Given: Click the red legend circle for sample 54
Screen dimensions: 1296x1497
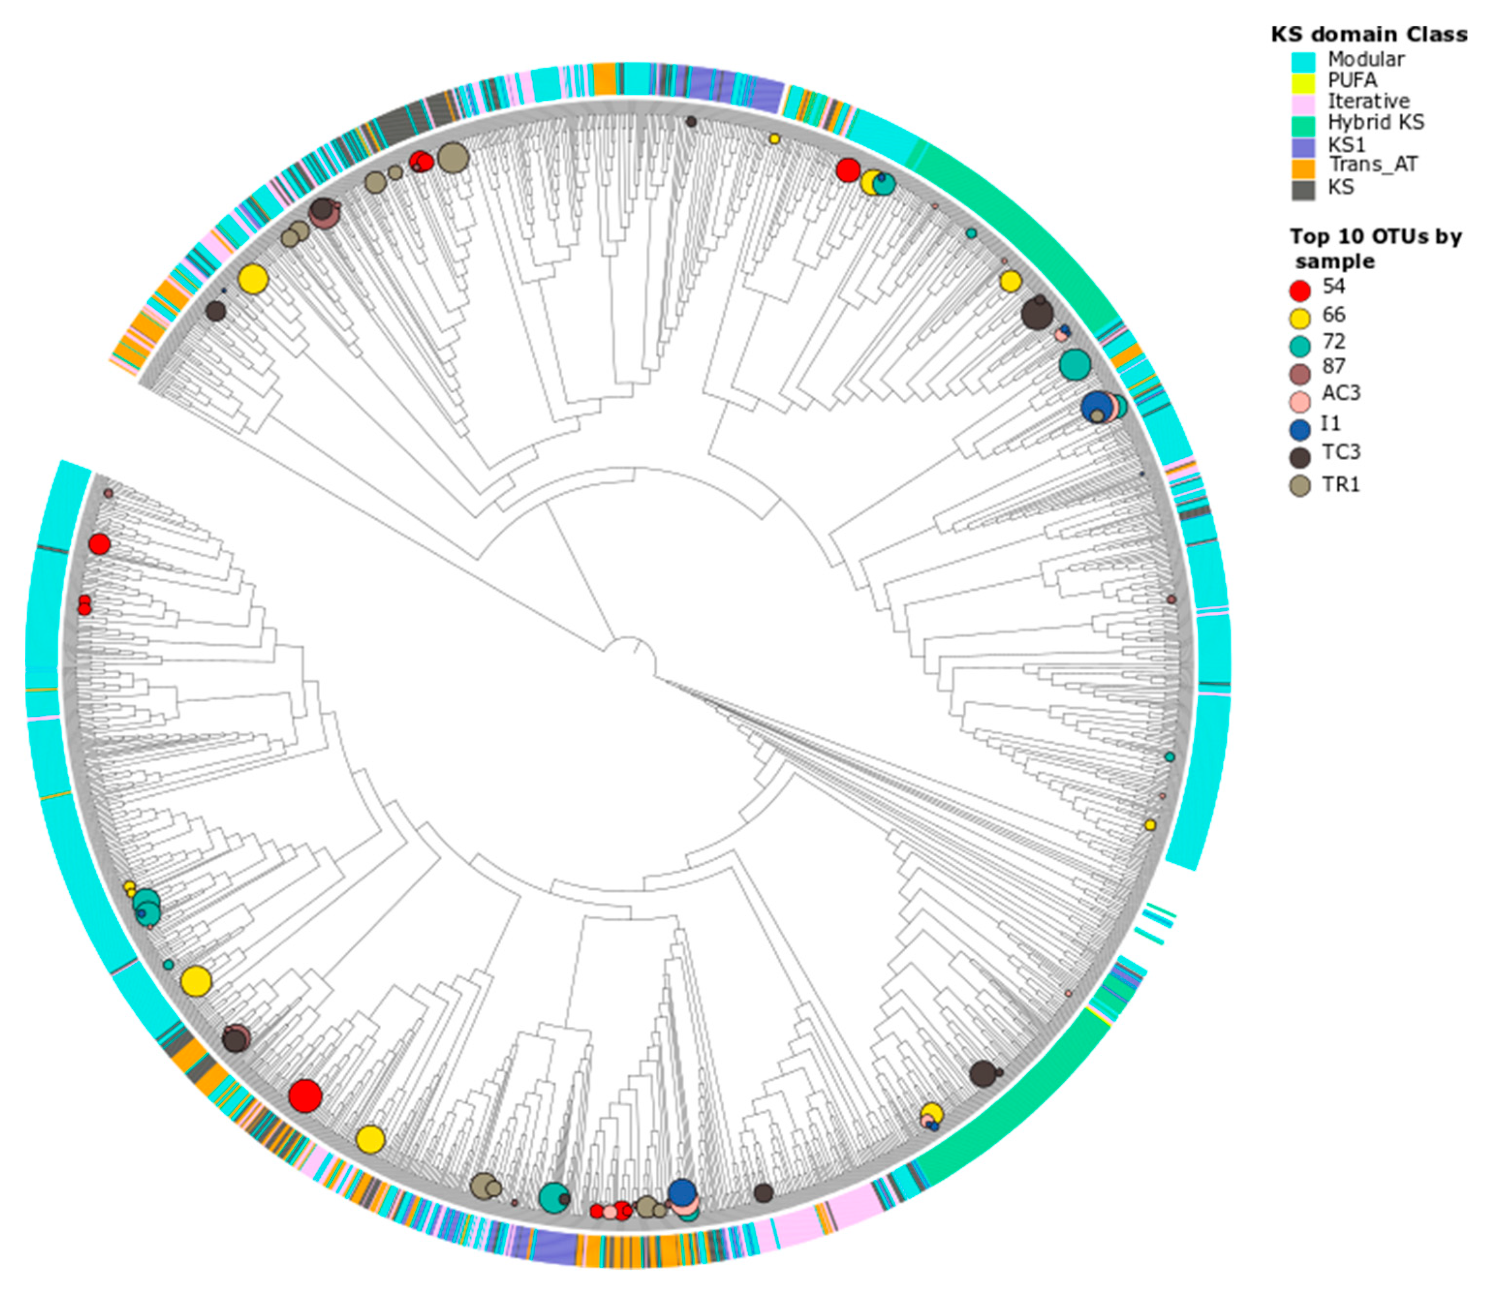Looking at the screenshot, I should tap(1299, 291).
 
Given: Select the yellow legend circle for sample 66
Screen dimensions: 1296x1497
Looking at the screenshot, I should tap(1299, 318).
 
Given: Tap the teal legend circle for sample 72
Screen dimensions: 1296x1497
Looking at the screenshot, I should tap(1299, 345).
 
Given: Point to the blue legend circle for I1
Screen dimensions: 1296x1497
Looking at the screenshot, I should tap(1299, 429).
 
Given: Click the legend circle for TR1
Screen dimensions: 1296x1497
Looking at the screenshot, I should tap(1299, 486).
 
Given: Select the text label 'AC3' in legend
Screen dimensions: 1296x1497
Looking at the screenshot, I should tap(1341, 393).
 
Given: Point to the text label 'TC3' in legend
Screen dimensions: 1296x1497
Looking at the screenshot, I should tap(1341, 452).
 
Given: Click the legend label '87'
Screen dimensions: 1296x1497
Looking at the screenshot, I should tap(1334, 367).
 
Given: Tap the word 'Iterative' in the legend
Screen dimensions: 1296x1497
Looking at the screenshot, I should tap(1368, 101).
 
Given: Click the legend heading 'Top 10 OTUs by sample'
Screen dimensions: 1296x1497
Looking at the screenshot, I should tap(1375, 248).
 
